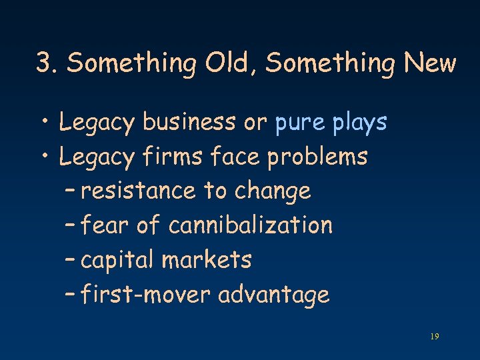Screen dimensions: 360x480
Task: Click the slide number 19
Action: coord(434,337)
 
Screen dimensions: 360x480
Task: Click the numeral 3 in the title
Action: coord(45,63)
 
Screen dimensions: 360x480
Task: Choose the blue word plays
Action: coord(360,123)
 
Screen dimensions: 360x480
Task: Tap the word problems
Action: coord(317,157)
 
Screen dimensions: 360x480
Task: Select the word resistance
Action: coord(139,191)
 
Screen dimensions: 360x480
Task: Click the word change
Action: coord(273,192)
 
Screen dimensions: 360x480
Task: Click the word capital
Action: coord(117,260)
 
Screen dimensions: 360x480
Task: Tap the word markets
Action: coord(207,259)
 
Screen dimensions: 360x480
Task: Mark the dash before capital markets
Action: coord(71,259)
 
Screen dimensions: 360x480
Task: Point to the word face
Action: coord(236,157)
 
